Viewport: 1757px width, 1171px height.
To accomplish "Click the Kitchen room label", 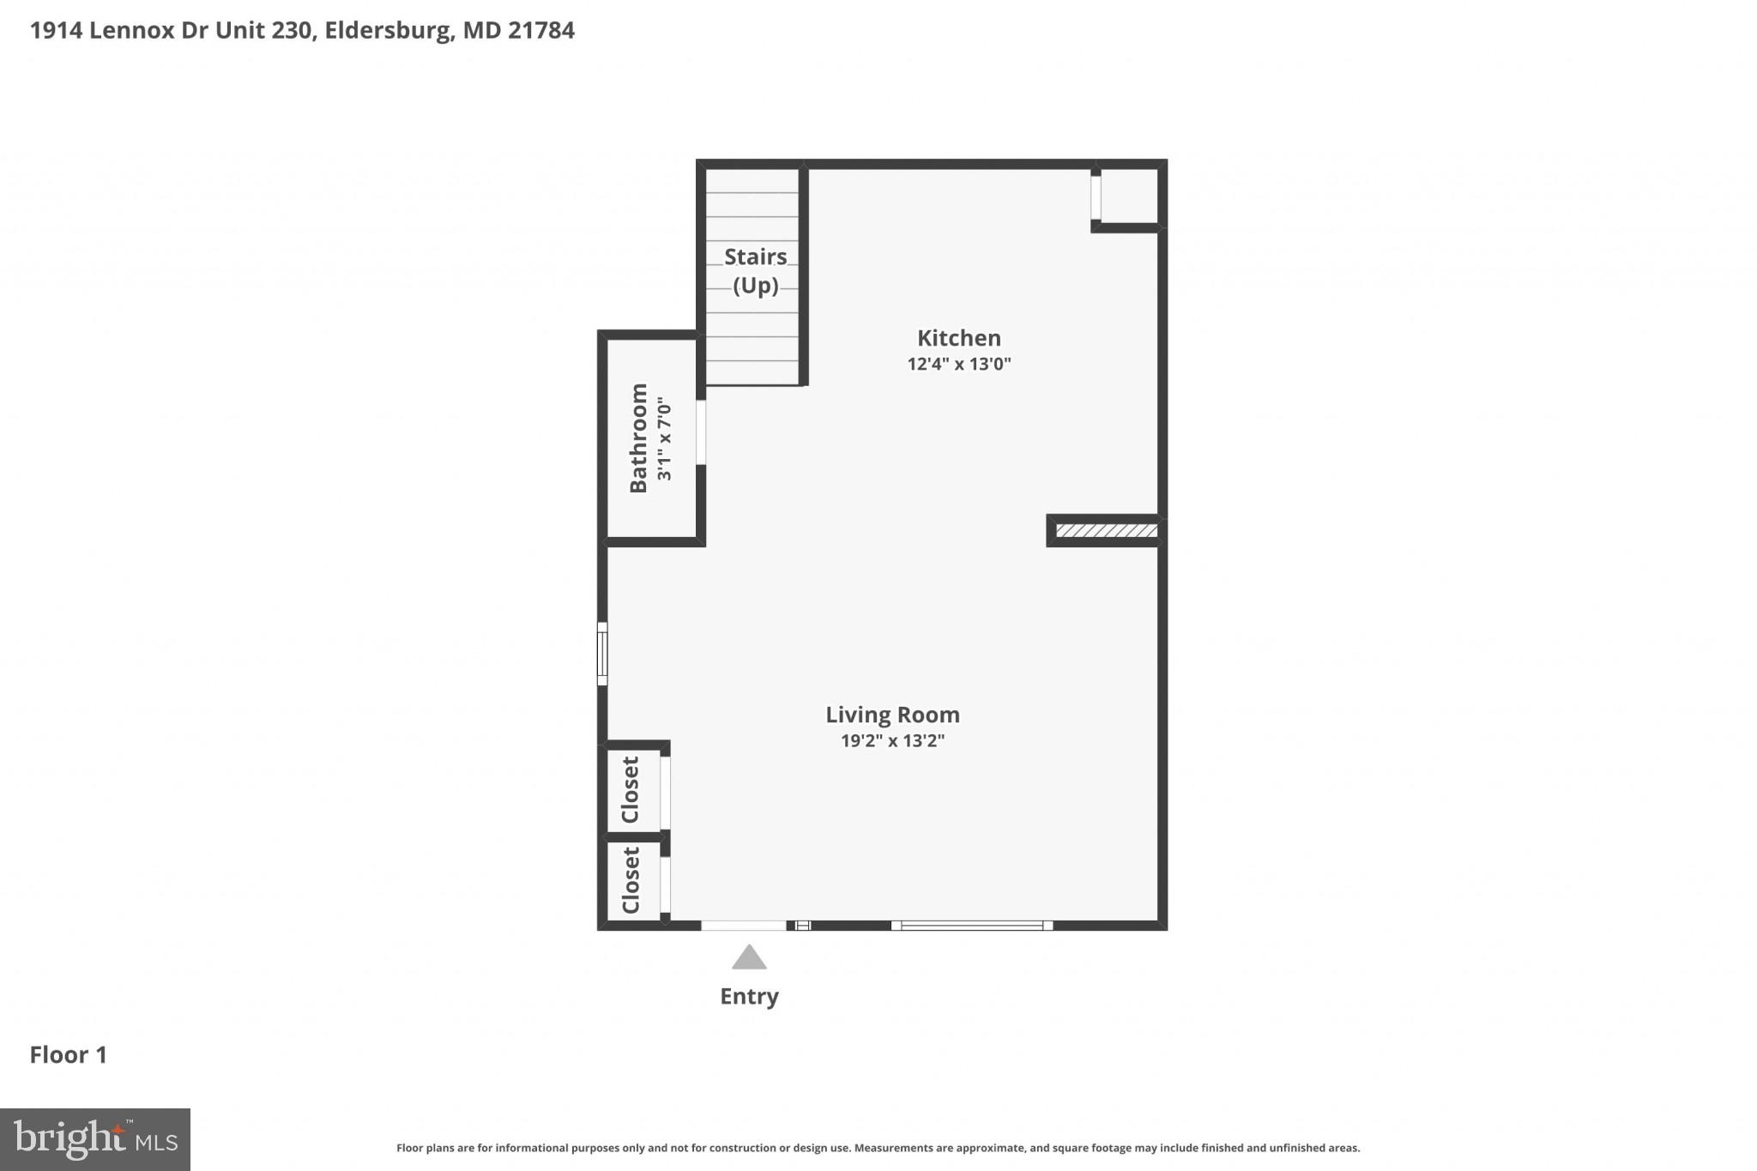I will [958, 338].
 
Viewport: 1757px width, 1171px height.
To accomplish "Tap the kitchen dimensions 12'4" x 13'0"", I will [958, 364].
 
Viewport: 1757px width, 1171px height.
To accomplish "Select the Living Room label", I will [892, 715].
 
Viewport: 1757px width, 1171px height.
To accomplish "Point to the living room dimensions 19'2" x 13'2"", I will [892, 740].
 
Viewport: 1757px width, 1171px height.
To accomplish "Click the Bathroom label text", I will [638, 438].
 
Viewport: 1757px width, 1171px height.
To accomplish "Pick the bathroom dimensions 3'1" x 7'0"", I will [664, 438].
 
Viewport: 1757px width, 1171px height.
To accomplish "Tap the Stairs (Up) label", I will [755, 270].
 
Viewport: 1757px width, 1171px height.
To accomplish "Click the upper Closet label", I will [631, 789].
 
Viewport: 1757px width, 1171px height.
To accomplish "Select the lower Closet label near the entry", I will [631, 880].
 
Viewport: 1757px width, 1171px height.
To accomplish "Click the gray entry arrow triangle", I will [749, 958].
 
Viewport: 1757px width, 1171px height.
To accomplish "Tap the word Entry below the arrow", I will [749, 996].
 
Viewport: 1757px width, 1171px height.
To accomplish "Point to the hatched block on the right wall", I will [1106, 531].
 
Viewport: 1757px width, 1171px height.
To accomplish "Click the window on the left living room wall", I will [602, 654].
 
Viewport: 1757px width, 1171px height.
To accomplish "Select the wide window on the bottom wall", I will [971, 926].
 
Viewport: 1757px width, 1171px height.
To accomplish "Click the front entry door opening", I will [744, 926].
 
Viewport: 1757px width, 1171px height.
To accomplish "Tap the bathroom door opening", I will [701, 432].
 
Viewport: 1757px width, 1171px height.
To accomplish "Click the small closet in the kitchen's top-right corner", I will [1128, 196].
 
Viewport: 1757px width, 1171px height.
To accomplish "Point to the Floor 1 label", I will [69, 1055].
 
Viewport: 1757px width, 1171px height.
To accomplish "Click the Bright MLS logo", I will [95, 1139].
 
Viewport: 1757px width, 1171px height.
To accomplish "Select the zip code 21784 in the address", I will [541, 31].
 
